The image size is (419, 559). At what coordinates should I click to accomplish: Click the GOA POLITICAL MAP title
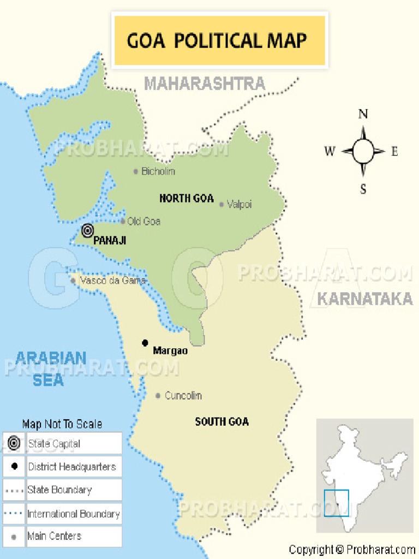pyautogui.click(x=217, y=41)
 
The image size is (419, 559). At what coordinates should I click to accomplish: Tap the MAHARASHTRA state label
pyautogui.click(x=205, y=84)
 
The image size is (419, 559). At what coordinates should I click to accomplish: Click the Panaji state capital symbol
pyautogui.click(x=87, y=231)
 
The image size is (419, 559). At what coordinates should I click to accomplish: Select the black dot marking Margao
pyautogui.click(x=145, y=343)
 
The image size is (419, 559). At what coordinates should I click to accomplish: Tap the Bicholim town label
pyautogui.click(x=158, y=171)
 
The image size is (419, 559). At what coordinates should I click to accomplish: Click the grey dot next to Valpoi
pyautogui.click(x=221, y=205)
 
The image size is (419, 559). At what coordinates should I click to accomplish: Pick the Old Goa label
pyautogui.click(x=143, y=222)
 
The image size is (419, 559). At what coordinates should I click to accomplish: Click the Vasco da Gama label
pyautogui.click(x=112, y=281)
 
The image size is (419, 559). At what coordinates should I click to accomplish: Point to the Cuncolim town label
pyautogui.click(x=183, y=395)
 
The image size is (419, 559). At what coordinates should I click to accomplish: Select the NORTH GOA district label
pyautogui.click(x=186, y=199)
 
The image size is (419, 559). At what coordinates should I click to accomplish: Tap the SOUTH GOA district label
pyautogui.click(x=222, y=421)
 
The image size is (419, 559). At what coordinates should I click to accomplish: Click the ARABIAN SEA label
pyautogui.click(x=49, y=369)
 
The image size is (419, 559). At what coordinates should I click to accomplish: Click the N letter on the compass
pyautogui.click(x=363, y=114)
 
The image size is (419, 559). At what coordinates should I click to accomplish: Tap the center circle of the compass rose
pyautogui.click(x=363, y=151)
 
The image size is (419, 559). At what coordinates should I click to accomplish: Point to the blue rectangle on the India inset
pyautogui.click(x=336, y=503)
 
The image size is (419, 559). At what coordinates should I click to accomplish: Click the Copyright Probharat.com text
pyautogui.click(x=352, y=550)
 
